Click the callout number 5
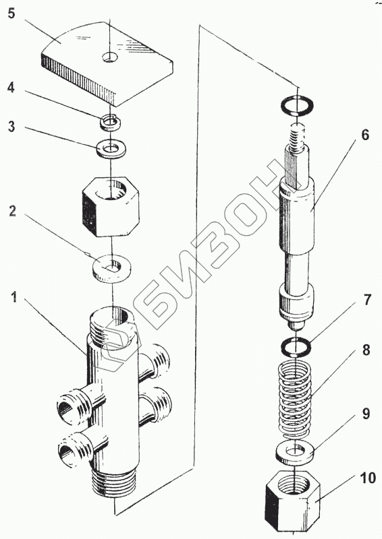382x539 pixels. point(11,14)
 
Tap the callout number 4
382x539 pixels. point(11,88)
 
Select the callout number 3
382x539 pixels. point(11,127)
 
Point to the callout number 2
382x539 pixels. point(12,210)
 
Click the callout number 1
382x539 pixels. point(13,297)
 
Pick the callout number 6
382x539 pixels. point(364,135)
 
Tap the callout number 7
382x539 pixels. point(367,300)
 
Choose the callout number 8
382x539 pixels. point(366,350)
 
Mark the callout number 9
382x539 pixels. point(366,414)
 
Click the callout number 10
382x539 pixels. point(368,478)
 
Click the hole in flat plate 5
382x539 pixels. point(110,57)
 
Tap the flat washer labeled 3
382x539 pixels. point(111,148)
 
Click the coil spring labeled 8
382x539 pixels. point(294,400)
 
